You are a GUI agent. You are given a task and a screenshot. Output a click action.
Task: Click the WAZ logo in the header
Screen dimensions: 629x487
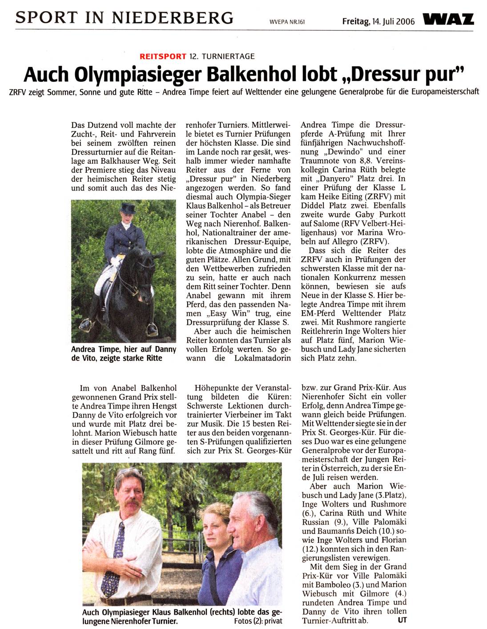coord(449,20)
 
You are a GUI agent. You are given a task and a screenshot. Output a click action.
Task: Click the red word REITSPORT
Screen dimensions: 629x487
coord(163,56)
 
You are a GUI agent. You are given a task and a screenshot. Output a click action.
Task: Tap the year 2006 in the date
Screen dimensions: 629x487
coord(405,21)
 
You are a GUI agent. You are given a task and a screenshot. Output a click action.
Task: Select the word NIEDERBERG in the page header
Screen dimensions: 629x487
coord(173,18)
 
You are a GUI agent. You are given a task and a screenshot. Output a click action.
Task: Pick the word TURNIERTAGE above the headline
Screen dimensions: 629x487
coord(228,56)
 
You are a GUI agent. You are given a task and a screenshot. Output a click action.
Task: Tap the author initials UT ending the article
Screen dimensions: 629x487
coord(402,619)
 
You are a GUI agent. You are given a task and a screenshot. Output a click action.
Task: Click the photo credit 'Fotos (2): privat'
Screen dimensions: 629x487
coord(258,621)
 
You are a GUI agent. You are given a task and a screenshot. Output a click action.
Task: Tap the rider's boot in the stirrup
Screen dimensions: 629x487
coord(152,329)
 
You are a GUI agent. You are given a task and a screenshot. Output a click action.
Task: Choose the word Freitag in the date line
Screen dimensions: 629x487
coord(354,21)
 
